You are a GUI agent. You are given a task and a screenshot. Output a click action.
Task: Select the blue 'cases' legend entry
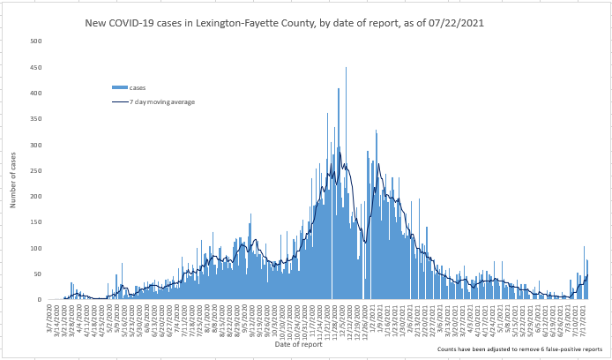click(129, 87)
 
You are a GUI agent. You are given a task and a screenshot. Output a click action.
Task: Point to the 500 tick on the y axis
click(35, 41)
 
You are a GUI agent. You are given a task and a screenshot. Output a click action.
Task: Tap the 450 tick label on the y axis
click(35, 67)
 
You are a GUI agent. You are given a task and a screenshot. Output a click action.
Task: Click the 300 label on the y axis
click(35, 145)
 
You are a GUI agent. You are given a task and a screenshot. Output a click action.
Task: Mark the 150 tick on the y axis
click(35, 222)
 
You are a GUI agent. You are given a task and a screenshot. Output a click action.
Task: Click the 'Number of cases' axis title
click(14, 180)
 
